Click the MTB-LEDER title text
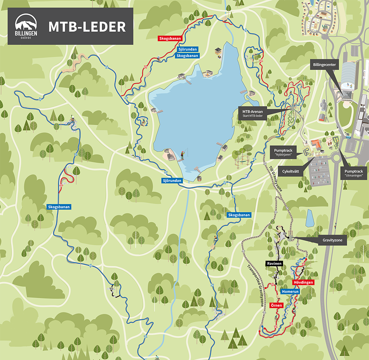[87, 26]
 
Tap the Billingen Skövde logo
[26, 26]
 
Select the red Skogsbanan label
[170, 38]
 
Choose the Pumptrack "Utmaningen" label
[353, 173]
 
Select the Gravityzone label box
[332, 241]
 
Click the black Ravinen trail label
[274, 264]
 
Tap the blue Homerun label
[290, 291]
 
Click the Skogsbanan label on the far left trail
[59, 207]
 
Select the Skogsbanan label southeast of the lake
[238, 215]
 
